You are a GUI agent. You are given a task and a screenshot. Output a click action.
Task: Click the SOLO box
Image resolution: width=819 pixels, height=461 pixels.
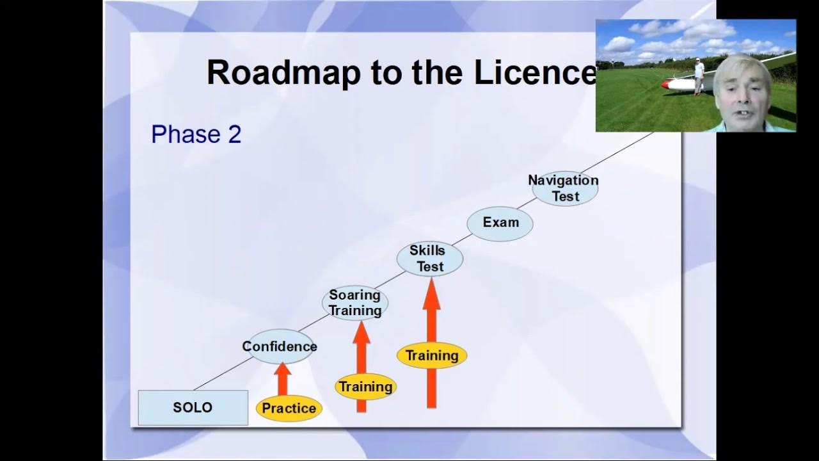[x=193, y=408]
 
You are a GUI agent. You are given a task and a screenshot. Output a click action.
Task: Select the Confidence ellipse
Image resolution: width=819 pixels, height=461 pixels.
[x=280, y=346]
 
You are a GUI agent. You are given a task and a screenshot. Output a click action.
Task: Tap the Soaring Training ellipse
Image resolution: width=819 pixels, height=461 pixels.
[x=354, y=303]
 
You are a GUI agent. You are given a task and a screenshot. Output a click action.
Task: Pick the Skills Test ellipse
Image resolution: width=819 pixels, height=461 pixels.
[x=429, y=259]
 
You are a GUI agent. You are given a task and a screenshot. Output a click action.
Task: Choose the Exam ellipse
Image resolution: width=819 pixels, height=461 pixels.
[x=500, y=223]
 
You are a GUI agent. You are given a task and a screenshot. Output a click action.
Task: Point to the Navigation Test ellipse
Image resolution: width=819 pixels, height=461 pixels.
[x=564, y=188]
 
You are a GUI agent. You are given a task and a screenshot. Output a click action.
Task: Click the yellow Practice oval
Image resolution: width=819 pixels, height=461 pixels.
[x=289, y=408]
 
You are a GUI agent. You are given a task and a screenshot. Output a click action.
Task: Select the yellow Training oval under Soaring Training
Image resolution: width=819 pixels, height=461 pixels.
[x=365, y=387]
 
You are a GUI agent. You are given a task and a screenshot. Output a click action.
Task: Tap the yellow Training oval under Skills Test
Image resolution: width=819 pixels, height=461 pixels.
[x=432, y=356]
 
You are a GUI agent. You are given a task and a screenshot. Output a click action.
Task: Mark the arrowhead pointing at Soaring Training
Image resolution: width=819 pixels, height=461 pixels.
[x=362, y=331]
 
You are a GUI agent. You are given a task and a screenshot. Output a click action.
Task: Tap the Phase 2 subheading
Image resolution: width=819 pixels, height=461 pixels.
[x=196, y=134]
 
